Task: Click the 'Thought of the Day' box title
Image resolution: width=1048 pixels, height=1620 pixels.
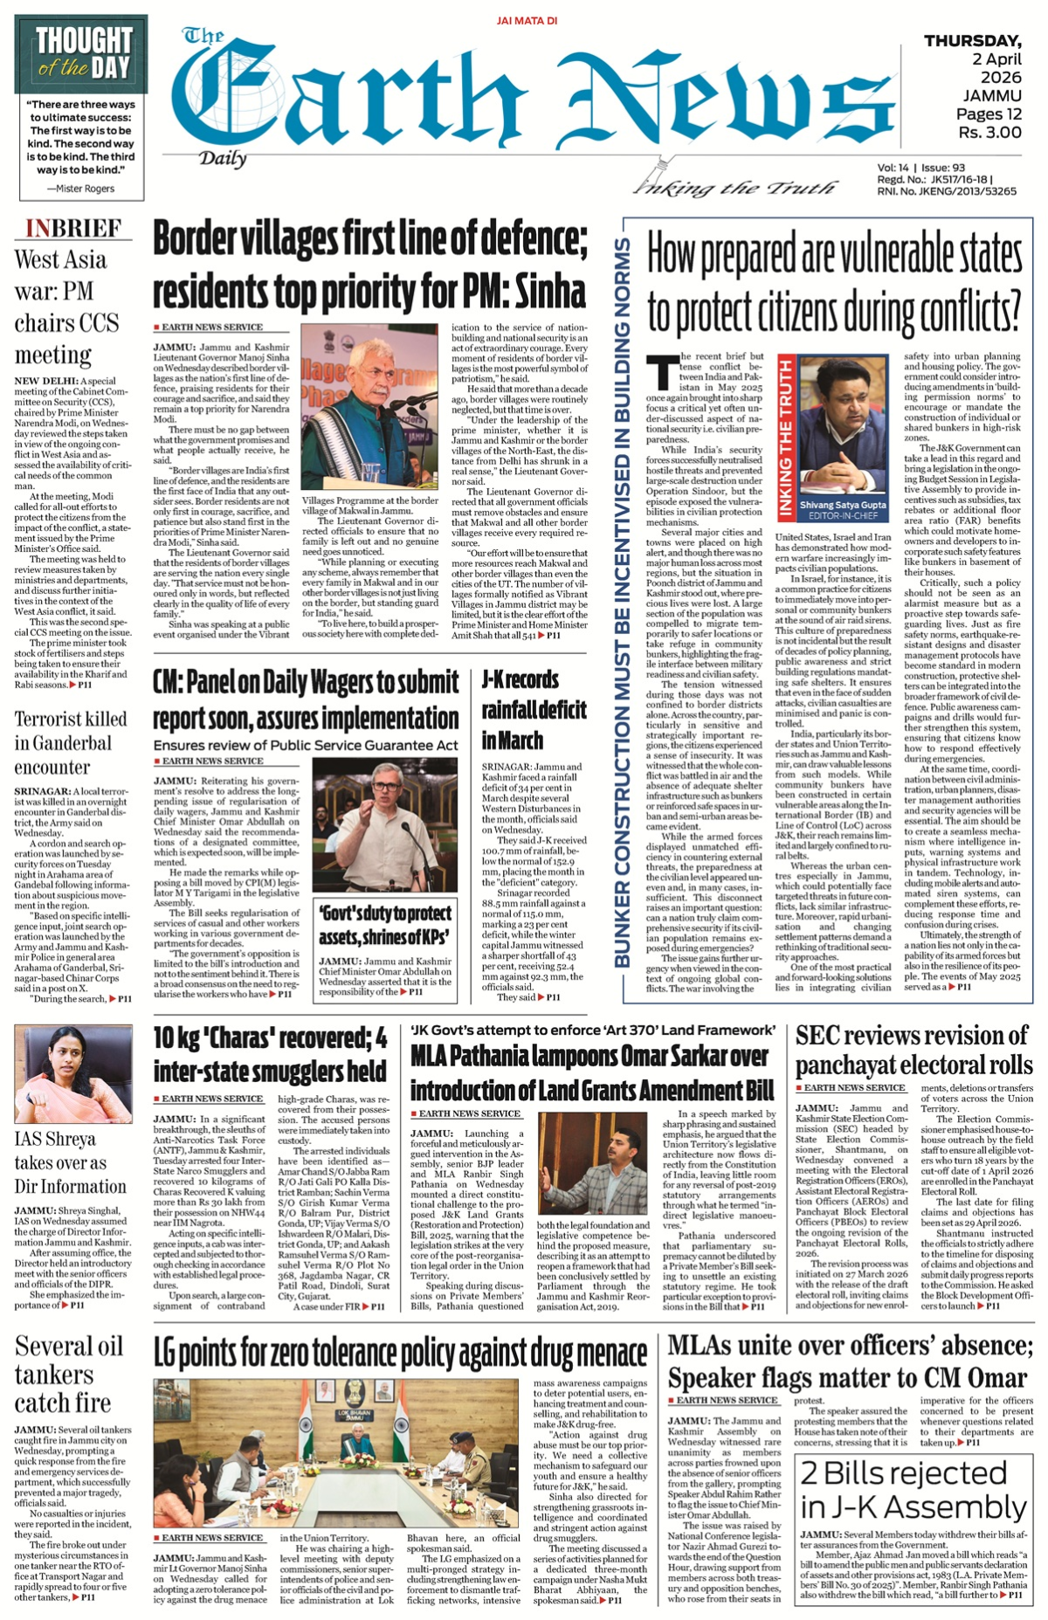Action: coord(83,54)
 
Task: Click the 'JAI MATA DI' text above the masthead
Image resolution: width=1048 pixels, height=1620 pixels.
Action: coord(527,20)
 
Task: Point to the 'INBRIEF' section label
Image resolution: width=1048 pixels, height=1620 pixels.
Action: coord(73,229)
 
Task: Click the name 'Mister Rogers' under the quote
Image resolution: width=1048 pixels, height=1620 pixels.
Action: coord(80,189)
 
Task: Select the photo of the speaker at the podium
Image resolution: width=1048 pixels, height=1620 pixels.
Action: coord(369,409)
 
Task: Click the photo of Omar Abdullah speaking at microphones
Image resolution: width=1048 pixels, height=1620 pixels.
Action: coord(385,825)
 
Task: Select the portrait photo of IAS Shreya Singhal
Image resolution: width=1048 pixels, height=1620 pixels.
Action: coord(73,1073)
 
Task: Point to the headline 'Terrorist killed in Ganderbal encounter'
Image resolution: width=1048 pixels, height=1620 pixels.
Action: coord(71,742)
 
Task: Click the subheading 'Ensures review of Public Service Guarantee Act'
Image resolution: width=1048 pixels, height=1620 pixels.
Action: coord(306,745)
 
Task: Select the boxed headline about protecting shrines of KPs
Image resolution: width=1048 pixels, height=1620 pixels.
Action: coord(385,925)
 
